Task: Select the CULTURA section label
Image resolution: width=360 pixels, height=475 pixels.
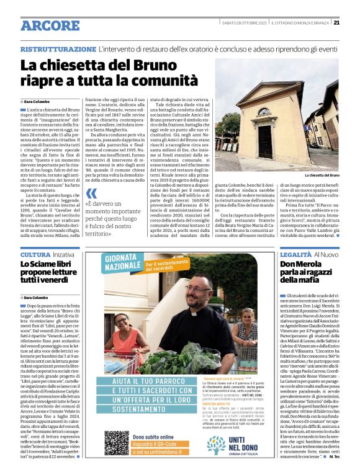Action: click(35, 255)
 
